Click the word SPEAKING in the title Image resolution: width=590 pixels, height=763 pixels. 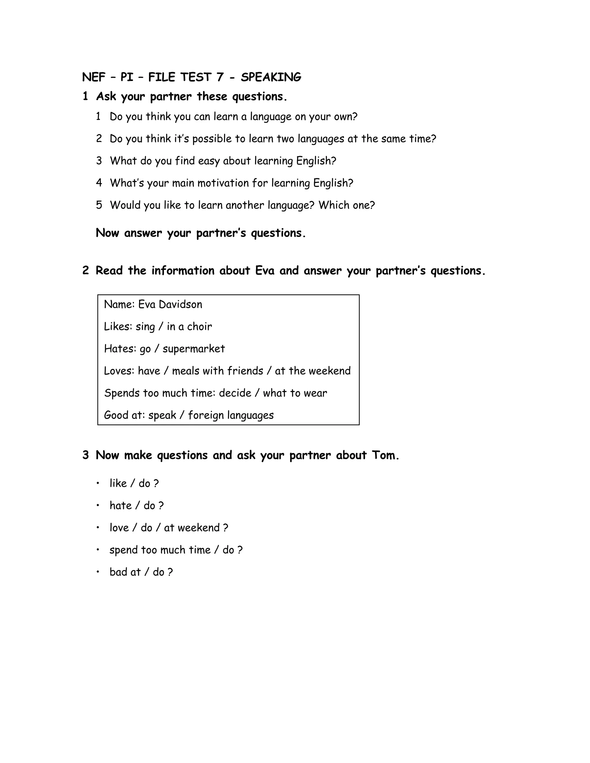click(x=271, y=77)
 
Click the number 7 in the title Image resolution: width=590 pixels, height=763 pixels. click(x=220, y=77)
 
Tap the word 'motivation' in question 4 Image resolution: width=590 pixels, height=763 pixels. click(x=231, y=183)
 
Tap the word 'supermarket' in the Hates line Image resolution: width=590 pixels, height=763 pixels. click(x=194, y=349)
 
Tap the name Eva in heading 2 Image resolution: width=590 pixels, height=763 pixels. click(x=264, y=271)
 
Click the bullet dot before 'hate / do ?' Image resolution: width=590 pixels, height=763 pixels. click(x=98, y=505)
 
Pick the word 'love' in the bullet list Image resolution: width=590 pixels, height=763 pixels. click(x=119, y=527)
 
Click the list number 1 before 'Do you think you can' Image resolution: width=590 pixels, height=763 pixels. click(x=99, y=117)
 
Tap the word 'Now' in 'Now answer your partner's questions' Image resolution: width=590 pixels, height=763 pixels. click(x=107, y=233)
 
